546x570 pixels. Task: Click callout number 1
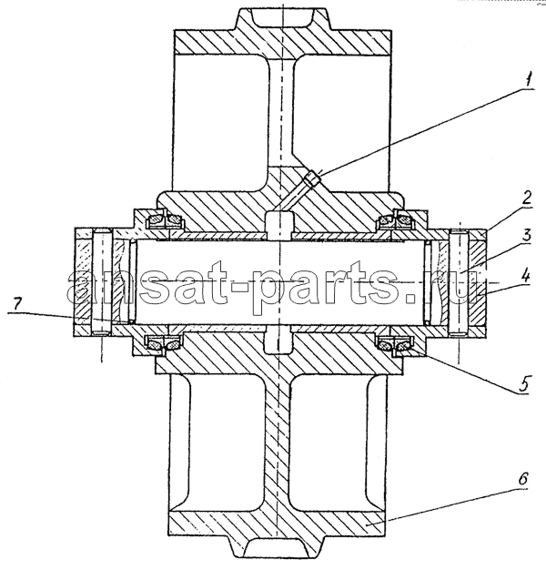pyautogui.click(x=529, y=79)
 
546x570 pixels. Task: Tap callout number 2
pyautogui.click(x=526, y=198)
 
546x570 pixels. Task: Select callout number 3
pyautogui.click(x=526, y=236)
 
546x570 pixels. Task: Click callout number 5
pyautogui.click(x=523, y=383)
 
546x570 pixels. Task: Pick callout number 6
pyautogui.click(x=522, y=479)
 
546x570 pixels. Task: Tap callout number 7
pyautogui.click(x=18, y=303)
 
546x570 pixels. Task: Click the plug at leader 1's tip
pyautogui.click(x=313, y=178)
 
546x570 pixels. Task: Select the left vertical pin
pyautogui.click(x=102, y=281)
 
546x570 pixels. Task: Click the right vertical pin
pyautogui.click(x=459, y=282)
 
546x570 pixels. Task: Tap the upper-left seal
pyautogui.click(x=164, y=220)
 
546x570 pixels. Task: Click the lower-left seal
pyautogui.click(x=164, y=342)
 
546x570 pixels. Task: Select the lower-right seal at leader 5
pyautogui.click(x=395, y=343)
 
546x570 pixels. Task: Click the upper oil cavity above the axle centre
pyautogui.click(x=279, y=226)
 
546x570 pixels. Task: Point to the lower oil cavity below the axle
pyautogui.click(x=278, y=340)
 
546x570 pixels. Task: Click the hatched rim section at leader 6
pyautogui.click(x=276, y=523)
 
